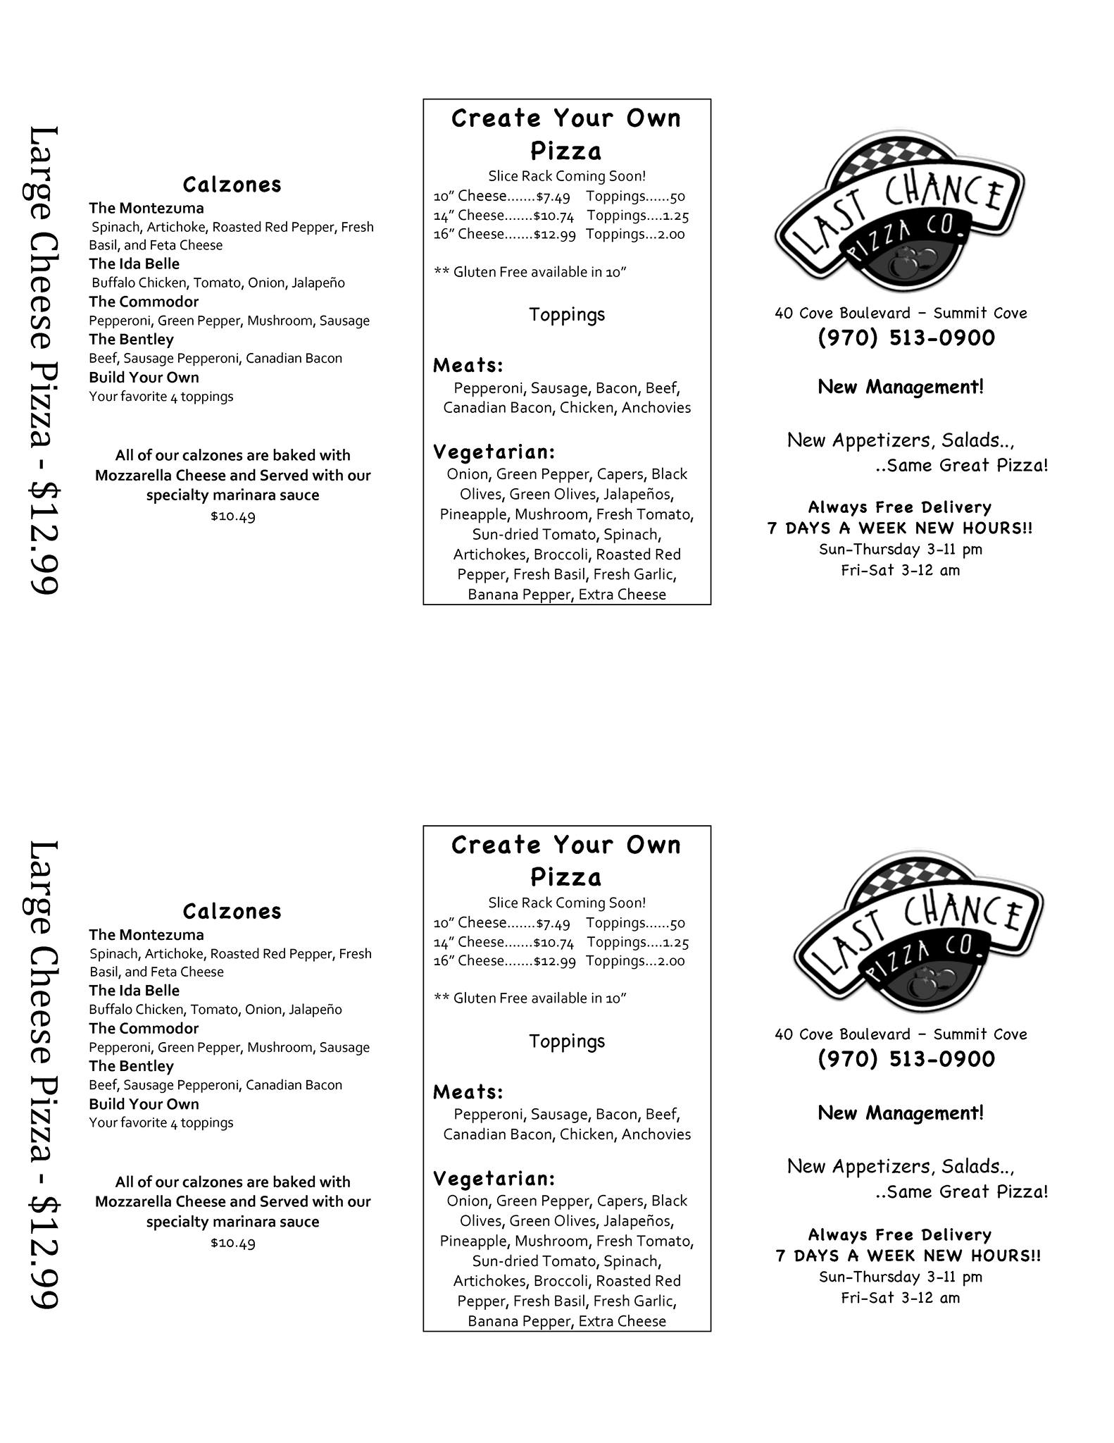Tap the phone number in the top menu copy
pos(906,338)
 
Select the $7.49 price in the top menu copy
pos(553,197)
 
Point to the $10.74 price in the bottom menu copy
pos(553,942)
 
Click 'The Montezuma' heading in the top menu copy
pos(146,209)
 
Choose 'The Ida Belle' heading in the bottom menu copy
pos(134,991)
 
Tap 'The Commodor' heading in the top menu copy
pos(144,302)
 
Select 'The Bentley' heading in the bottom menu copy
pos(131,1066)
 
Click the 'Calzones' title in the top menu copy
pos(232,185)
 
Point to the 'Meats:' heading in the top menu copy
pos(468,365)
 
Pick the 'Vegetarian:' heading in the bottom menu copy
pos(494,1178)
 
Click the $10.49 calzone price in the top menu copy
pos(232,516)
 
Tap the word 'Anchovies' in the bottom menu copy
pos(656,1134)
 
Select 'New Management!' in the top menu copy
pos(901,387)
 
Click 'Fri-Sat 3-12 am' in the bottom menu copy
pos(901,1298)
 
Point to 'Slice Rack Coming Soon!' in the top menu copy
pos(567,176)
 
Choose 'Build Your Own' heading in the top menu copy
pos(144,378)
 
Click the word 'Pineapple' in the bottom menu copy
pos(475,1241)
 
